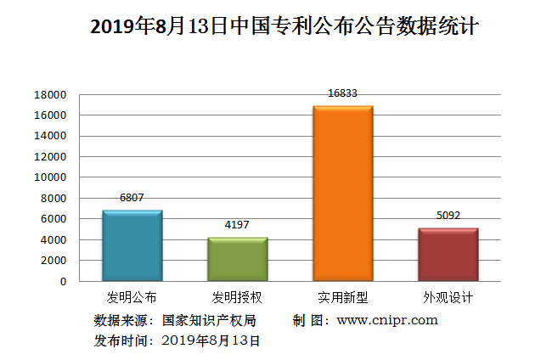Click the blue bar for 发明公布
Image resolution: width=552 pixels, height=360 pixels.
pyautogui.click(x=132, y=245)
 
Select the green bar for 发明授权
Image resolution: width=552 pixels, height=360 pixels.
pyautogui.click(x=237, y=259)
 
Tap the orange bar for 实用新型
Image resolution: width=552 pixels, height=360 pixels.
pyautogui.click(x=342, y=194)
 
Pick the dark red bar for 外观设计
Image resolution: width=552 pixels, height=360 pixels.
pyautogui.click(x=448, y=254)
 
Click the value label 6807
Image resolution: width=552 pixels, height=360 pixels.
pyautogui.click(x=132, y=197)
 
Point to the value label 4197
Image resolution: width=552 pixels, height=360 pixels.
pyautogui.click(x=237, y=225)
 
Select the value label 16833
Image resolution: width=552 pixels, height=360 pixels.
pyautogui.click(x=342, y=93)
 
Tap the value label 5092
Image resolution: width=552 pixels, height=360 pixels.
pyautogui.click(x=448, y=215)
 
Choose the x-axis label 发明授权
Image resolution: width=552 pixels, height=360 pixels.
pyautogui.click(x=237, y=298)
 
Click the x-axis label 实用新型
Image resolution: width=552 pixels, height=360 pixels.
pyautogui.click(x=342, y=298)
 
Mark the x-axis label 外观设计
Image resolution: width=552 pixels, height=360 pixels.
pyautogui.click(x=448, y=298)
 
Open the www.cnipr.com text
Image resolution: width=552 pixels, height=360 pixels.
pyautogui.click(x=387, y=320)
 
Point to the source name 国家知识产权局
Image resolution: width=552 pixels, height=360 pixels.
pyautogui.click(x=208, y=320)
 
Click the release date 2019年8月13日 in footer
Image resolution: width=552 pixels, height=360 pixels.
pyautogui.click(x=210, y=340)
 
